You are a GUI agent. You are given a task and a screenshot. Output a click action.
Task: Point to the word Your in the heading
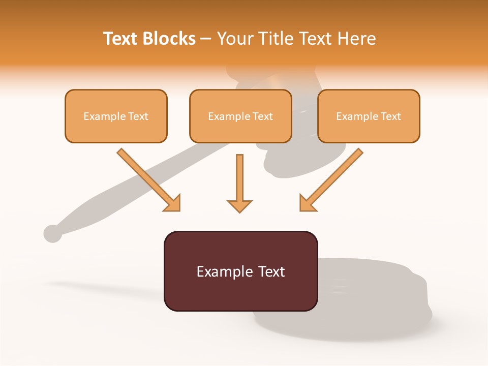[234, 39]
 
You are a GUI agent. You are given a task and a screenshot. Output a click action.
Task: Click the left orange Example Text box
[116, 116]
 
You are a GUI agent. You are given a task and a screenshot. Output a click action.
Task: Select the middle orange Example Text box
[240, 116]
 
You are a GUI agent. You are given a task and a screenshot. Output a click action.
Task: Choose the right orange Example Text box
[369, 116]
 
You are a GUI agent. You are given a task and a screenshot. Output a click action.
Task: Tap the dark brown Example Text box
[240, 271]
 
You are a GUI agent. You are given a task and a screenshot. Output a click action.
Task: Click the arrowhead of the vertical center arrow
[239, 205]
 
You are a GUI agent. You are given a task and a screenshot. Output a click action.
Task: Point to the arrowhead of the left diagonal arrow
[173, 203]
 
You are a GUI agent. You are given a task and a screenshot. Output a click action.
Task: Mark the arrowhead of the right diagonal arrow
[307, 203]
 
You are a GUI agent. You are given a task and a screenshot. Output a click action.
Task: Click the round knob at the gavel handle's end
[52, 233]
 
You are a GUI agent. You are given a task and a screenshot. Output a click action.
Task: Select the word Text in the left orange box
[138, 116]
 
